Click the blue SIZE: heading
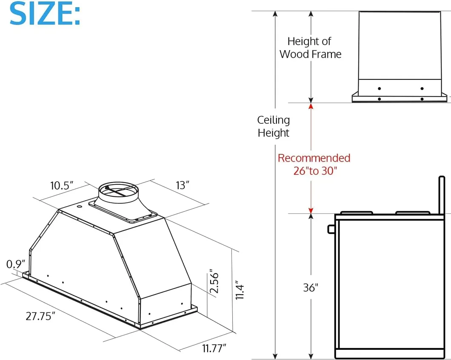point(45,14)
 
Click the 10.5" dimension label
point(62,185)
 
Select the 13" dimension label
point(182,185)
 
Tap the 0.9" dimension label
point(16,264)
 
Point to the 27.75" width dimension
point(41,317)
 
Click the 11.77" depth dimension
point(214,349)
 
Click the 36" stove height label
point(311,288)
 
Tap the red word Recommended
point(314,158)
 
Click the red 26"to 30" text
point(315,171)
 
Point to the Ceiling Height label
point(273,127)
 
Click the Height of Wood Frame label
point(310,48)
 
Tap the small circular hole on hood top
point(80,207)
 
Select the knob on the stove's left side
point(331,229)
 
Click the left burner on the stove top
point(357,213)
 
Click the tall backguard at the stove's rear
point(442,196)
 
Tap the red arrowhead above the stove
point(311,210)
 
